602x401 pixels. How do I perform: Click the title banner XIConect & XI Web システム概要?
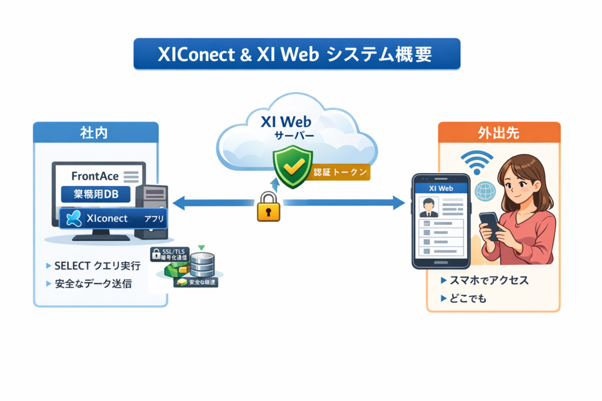296,55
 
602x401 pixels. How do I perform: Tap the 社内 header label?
95,133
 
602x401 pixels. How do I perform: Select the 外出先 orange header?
499,133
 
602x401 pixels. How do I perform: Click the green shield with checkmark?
290,167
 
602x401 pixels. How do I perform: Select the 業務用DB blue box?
95,194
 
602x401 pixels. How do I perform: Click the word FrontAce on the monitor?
94,176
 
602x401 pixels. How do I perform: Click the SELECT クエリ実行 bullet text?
97,266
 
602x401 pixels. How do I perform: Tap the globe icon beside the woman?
485,191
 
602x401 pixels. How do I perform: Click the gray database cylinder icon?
202,264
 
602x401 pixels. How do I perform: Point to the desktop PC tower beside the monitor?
151,211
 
